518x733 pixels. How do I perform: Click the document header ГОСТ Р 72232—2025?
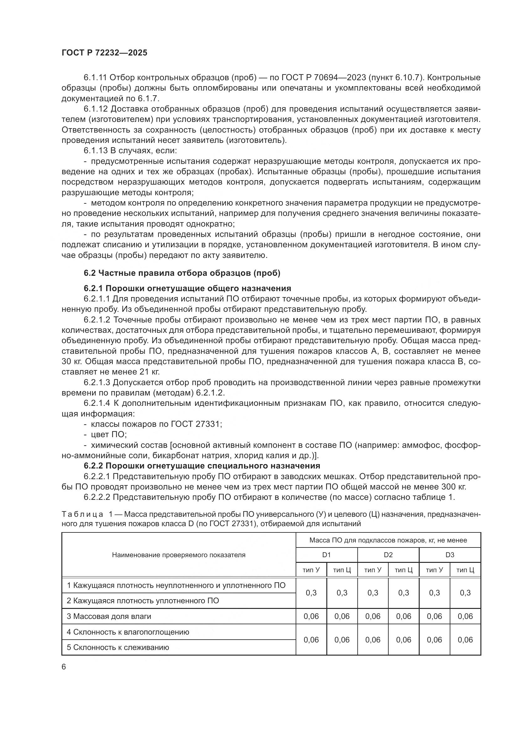pyautogui.click(x=104, y=53)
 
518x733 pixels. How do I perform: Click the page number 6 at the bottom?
pyautogui.click(x=64, y=667)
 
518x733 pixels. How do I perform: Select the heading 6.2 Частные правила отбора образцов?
pyautogui.click(x=182, y=273)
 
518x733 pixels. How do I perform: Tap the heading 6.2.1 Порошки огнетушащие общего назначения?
pyautogui.click(x=187, y=288)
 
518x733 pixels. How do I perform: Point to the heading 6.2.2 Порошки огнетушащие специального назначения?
pyautogui.click(x=202, y=466)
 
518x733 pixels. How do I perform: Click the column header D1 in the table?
pyautogui.click(x=326, y=555)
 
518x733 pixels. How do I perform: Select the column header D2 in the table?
pyautogui.click(x=388, y=555)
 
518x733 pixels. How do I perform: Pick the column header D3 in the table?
pyautogui.click(x=449, y=555)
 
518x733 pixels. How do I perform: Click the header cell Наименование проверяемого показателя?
pyautogui.click(x=179, y=555)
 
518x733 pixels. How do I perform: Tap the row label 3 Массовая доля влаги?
pyautogui.click(x=108, y=616)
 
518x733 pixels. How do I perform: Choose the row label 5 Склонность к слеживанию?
pyautogui.click(x=118, y=647)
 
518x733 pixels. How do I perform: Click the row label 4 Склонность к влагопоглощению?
pyautogui.click(x=127, y=632)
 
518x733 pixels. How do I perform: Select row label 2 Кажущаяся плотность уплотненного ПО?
pyautogui.click(x=142, y=600)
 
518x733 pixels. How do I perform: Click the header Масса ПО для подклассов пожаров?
pyautogui.click(x=388, y=540)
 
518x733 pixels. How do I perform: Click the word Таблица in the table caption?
pyautogui.click(x=82, y=514)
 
